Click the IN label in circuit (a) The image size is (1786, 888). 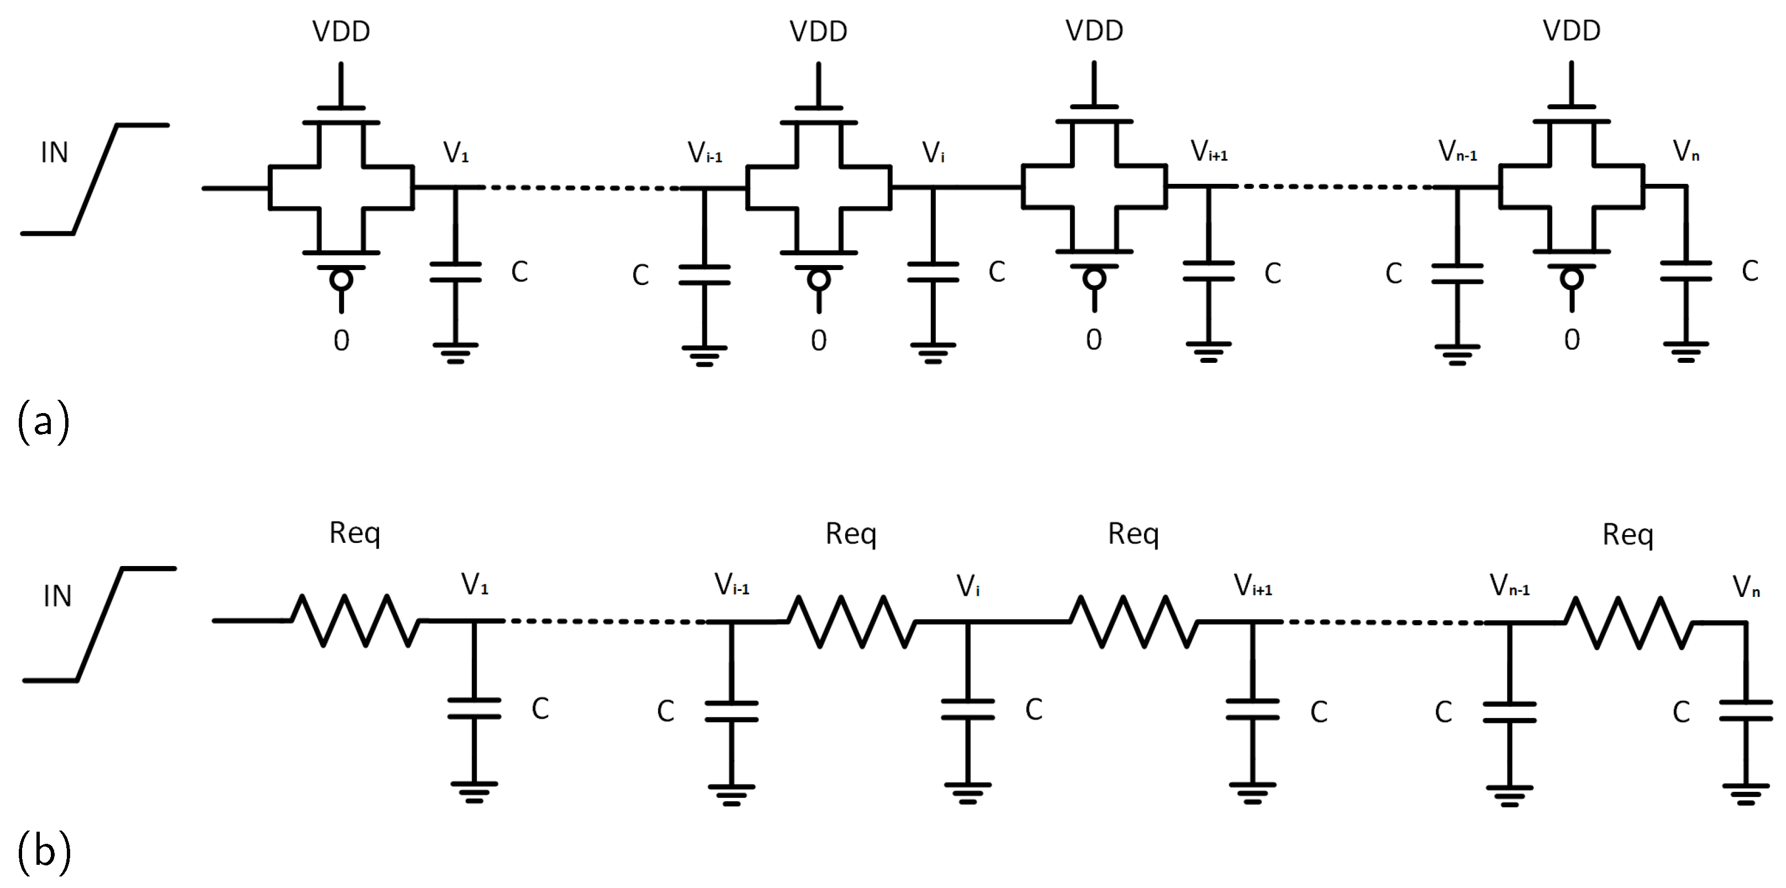coord(54,153)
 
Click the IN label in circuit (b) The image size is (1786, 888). coord(57,597)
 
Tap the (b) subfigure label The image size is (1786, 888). coord(44,851)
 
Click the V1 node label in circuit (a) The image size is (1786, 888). coord(456,152)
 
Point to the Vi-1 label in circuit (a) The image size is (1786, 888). coord(704,153)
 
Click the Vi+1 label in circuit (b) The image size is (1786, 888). coord(1252,586)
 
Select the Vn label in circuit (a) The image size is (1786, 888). coord(1685,151)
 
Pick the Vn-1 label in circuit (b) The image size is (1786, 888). coord(1509,586)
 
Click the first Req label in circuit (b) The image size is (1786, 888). coord(354,532)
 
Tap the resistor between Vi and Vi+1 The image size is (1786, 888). coord(1134,622)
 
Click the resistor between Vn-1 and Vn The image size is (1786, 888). coord(1628,622)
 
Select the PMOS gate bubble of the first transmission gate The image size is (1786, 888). coord(340,280)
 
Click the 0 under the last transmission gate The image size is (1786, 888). coord(1572,340)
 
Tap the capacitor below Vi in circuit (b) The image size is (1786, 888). coord(967,710)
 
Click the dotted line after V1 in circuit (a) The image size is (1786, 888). coord(581,188)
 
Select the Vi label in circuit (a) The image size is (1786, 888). coord(932,153)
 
